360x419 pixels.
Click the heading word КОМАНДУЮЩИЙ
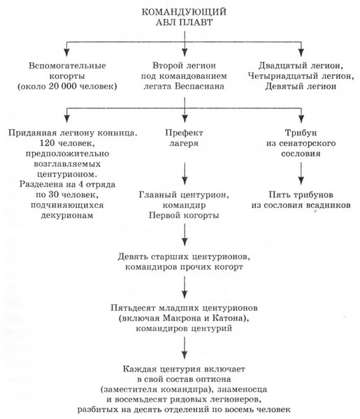(x=183, y=12)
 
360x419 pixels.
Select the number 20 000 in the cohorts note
(x=75, y=87)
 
